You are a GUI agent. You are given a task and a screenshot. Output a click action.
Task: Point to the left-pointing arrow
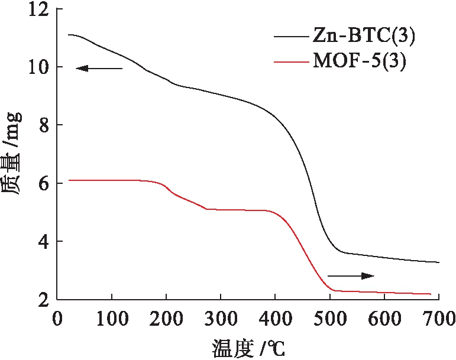tap(99, 69)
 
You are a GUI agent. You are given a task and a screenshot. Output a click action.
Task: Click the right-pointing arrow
tap(351, 275)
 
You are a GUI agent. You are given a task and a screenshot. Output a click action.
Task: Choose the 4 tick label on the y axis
tap(44, 242)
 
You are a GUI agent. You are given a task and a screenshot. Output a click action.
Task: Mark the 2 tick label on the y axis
tap(44, 299)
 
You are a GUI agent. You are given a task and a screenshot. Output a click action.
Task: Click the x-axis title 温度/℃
tap(248, 346)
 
